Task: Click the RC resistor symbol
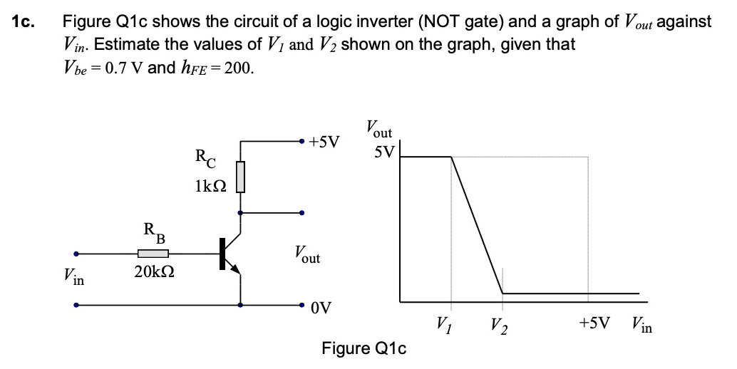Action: [x=241, y=176]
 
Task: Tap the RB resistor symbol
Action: [x=153, y=252]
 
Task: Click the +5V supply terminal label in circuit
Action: [x=325, y=141]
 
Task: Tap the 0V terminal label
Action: [x=321, y=308]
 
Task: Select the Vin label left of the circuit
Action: [x=73, y=276]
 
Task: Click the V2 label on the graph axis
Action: [x=499, y=327]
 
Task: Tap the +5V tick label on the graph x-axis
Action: [x=594, y=324]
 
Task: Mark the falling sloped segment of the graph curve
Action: [x=478, y=224]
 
